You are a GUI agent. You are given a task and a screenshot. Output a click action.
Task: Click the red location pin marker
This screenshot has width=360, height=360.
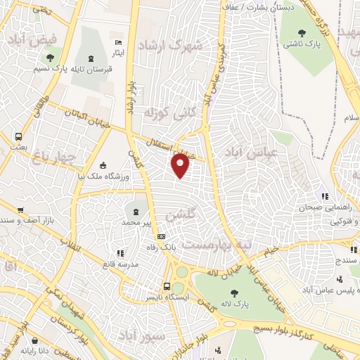click(181, 165)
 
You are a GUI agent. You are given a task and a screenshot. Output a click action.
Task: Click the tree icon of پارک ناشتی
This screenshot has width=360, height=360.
click(302, 32)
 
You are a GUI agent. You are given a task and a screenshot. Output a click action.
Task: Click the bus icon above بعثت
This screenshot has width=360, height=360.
click(18, 136)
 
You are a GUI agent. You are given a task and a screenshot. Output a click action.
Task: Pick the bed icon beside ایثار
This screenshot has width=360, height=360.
click(117, 44)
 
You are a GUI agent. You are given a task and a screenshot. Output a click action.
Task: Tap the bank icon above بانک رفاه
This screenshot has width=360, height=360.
click(161, 236)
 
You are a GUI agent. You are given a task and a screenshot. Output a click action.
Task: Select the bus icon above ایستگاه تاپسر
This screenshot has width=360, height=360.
click(167, 286)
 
